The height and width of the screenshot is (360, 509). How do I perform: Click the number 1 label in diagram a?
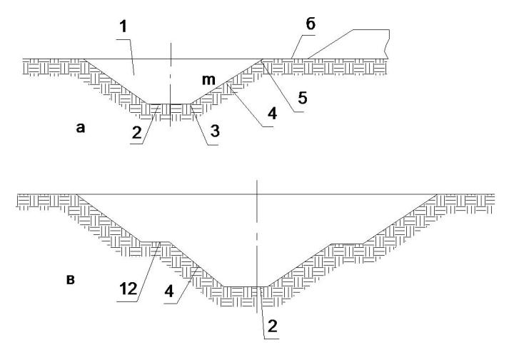click(124, 27)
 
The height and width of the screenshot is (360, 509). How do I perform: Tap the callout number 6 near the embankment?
click(311, 24)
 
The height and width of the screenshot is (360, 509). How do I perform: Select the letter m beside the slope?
click(208, 79)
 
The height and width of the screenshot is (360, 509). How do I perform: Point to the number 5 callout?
click(303, 98)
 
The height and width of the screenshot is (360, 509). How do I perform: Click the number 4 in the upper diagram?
click(272, 114)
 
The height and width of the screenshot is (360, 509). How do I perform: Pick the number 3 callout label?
click(215, 131)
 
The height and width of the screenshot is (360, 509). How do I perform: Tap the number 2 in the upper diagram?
click(137, 132)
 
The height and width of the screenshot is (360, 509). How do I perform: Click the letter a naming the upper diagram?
click(80, 128)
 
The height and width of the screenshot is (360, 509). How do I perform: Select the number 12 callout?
click(128, 289)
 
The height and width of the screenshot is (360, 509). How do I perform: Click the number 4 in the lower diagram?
click(169, 291)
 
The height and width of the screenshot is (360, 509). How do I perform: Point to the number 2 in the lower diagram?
click(272, 326)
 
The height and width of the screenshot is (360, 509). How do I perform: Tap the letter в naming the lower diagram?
click(71, 280)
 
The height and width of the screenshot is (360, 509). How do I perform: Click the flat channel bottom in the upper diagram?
click(169, 104)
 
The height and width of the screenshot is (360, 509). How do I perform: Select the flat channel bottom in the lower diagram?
click(246, 286)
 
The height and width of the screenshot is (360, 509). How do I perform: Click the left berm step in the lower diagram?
click(155, 241)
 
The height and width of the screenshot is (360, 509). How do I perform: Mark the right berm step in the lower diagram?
click(347, 244)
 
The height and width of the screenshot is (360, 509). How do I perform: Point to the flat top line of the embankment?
click(371, 30)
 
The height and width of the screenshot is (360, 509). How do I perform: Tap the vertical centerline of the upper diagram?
click(171, 84)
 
